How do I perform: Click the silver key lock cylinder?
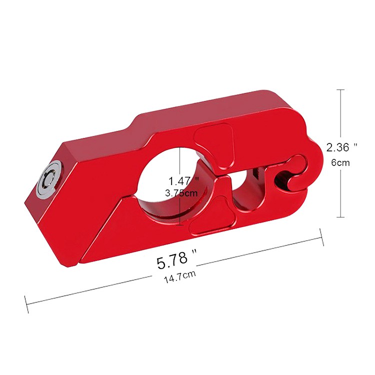coord(50,178)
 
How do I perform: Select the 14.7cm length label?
coord(179,276)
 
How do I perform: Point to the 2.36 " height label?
coord(342,147)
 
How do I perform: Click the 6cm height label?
coord(340,162)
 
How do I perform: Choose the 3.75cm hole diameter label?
coord(181,193)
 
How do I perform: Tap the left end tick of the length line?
coord(26,304)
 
